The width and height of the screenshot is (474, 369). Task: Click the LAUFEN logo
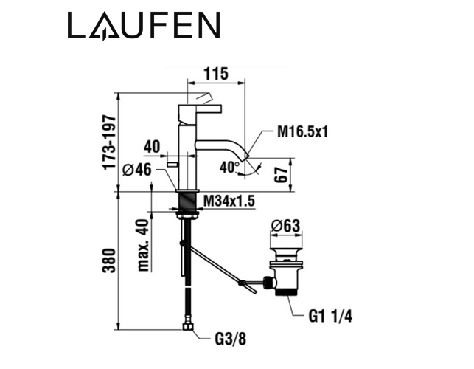pos(144,25)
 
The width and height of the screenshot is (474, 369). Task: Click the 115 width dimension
pos(216,74)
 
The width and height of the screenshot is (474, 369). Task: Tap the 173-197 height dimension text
pos(109,142)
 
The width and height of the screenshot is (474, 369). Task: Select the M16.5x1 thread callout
pos(302,131)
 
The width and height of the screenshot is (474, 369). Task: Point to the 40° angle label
pos(230,168)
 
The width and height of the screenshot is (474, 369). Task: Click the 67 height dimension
pos(281,174)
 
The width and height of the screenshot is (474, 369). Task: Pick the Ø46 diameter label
pos(136,170)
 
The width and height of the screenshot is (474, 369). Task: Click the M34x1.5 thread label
pos(229,201)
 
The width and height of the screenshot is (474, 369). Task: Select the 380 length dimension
pos(109,261)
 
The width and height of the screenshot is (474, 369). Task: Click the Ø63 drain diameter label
pos(286,226)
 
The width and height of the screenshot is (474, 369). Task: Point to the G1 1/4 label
pos(330,317)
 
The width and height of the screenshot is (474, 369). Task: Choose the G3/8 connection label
pos(231,339)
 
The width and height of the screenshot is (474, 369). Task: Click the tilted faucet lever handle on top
pos(204,97)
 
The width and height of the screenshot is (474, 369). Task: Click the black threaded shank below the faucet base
pos(188,202)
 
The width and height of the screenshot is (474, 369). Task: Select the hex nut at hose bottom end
pos(188,327)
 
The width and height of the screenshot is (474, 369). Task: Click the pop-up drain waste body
pos(285,272)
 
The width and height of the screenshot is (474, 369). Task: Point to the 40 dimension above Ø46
pos(152,147)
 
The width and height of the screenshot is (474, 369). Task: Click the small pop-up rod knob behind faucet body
pos(172,165)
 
